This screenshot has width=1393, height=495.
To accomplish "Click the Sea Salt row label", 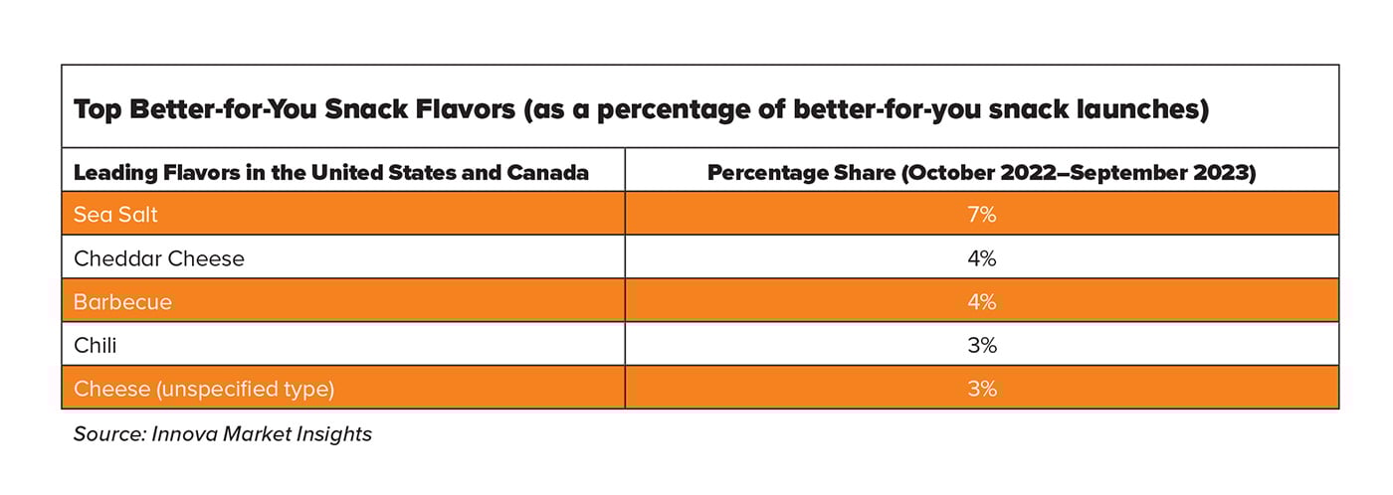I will click(x=115, y=215).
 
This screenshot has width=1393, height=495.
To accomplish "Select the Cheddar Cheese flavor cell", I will click(x=159, y=259).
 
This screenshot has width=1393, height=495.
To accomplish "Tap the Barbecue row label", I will click(x=122, y=302).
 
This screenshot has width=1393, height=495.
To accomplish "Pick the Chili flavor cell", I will click(x=96, y=346).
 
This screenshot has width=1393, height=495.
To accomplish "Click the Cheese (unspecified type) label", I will click(x=204, y=389).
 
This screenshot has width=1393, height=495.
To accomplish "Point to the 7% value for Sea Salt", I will click(x=981, y=215).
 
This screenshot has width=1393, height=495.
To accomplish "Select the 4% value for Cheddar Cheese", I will click(x=981, y=259).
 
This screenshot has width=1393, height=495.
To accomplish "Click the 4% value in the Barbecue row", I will click(x=981, y=302).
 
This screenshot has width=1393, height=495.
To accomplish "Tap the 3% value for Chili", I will click(x=981, y=346).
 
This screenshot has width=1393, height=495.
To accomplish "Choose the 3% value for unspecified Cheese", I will click(x=981, y=389).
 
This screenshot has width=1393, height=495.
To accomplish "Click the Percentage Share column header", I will click(x=981, y=173).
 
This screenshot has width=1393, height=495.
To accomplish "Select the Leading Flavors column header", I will click(x=330, y=173).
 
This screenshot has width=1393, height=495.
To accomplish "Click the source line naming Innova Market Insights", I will click(x=223, y=434).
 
